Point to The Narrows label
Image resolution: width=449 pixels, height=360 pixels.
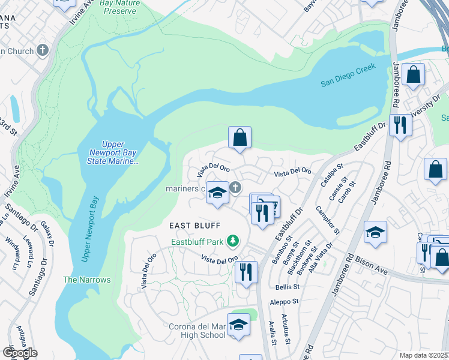(x=87, y=280)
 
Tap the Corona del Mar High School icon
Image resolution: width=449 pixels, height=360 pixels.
(x=238, y=325)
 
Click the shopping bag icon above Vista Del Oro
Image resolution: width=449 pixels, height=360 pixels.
(x=240, y=137)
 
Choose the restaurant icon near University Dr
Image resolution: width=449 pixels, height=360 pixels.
(x=399, y=125)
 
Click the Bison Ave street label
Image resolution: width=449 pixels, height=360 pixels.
(x=375, y=262)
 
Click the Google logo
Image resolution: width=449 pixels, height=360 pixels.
(x=20, y=353)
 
